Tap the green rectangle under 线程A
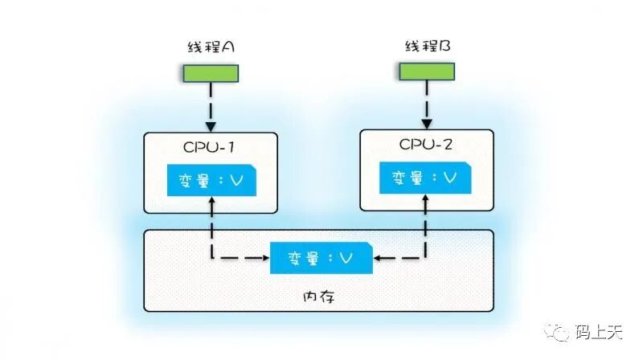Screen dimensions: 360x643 coord(211,73)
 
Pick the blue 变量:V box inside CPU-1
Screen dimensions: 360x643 coord(211,180)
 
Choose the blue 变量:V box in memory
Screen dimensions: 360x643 coord(320,257)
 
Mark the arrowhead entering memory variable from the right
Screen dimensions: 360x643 coord(376,258)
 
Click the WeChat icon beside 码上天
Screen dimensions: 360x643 coord(557,331)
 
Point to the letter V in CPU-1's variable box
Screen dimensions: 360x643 coord(235,180)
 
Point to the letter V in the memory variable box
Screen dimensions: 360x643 coord(346,257)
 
